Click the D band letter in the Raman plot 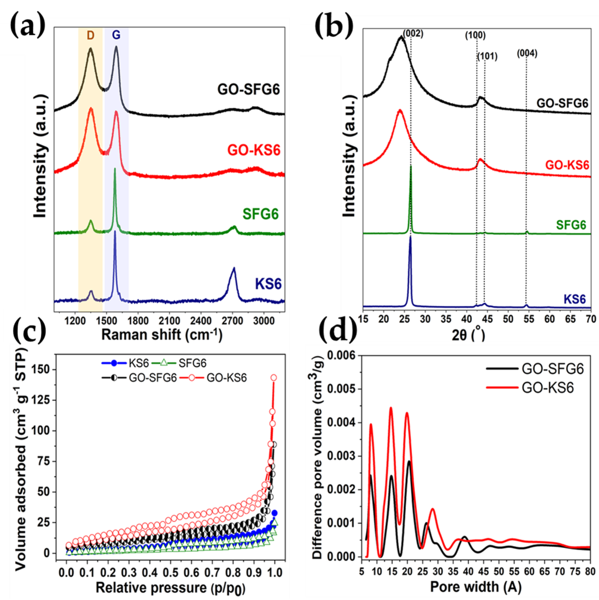[x=90, y=36]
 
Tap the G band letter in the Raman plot [x=116, y=36]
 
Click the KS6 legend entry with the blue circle [x=126, y=363]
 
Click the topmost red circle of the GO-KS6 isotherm [x=274, y=378]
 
